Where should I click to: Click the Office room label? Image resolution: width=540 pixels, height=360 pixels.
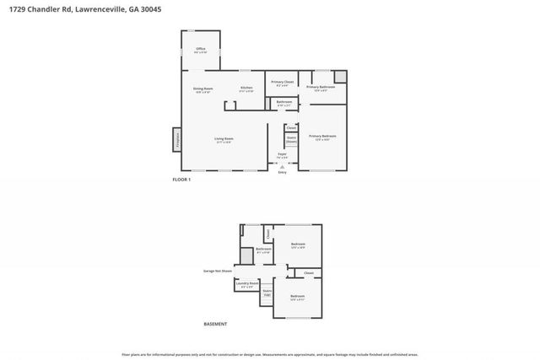201,50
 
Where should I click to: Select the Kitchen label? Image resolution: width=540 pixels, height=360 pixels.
246,89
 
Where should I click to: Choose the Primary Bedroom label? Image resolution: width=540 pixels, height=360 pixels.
322,137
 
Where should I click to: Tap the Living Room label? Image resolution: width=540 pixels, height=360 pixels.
224,139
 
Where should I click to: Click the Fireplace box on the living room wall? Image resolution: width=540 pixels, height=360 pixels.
177,139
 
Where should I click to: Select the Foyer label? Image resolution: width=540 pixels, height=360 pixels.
283,155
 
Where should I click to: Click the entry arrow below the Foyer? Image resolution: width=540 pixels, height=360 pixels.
282,166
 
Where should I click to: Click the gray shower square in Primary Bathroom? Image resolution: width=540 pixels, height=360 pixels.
340,76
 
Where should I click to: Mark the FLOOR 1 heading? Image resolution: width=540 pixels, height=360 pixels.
181,180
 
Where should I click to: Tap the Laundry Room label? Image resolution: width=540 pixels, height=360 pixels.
247,284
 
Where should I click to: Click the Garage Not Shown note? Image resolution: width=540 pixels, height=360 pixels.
218,271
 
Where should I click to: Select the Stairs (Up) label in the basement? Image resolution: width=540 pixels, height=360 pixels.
267,293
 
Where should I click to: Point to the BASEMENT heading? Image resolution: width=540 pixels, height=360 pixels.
215,324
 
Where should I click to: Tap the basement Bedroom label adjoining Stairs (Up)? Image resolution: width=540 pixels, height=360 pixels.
297,297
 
